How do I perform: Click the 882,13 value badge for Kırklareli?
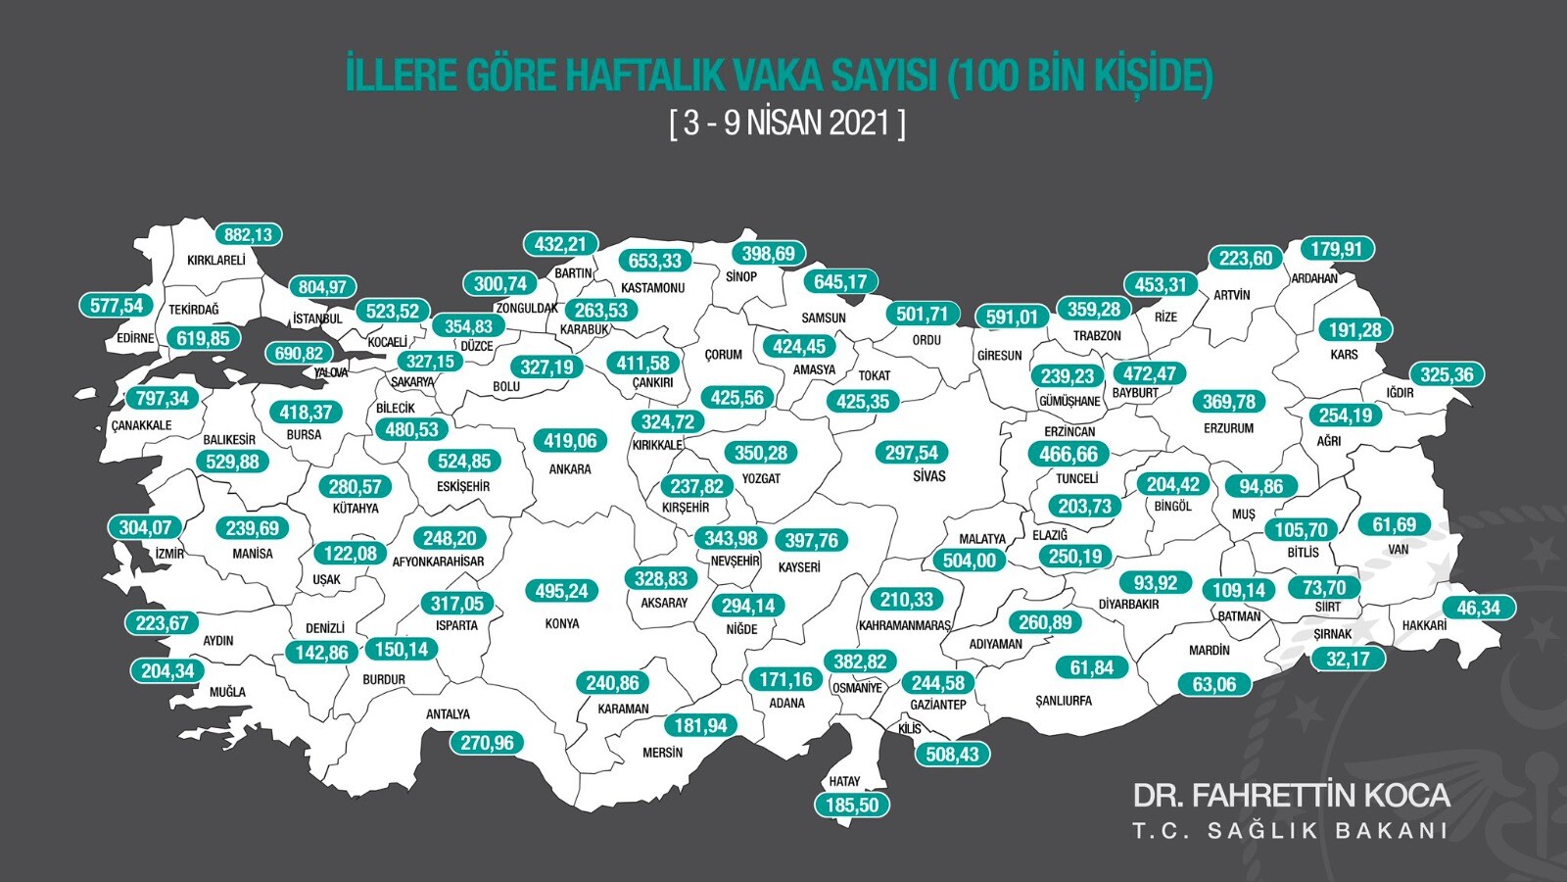coord(248,235)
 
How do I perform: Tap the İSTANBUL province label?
coord(317,319)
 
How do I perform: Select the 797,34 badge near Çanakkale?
coord(163,399)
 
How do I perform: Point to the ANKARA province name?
coord(569,469)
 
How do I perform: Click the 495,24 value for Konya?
coord(561,591)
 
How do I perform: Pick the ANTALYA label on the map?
coord(448,714)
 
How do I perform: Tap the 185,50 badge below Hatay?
coord(852,806)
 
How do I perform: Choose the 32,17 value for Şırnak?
coord(1348,660)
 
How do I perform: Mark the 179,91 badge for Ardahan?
coord(1336,249)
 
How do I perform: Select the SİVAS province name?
coord(928,476)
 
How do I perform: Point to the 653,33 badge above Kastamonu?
coord(654,261)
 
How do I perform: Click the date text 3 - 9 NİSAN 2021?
coord(786,123)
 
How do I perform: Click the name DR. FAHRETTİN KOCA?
coord(1291,795)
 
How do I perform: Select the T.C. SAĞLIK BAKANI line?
coord(1291,831)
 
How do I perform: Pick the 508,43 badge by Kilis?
coord(951,754)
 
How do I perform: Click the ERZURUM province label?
coord(1227,428)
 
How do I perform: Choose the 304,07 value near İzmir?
coord(145,528)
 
